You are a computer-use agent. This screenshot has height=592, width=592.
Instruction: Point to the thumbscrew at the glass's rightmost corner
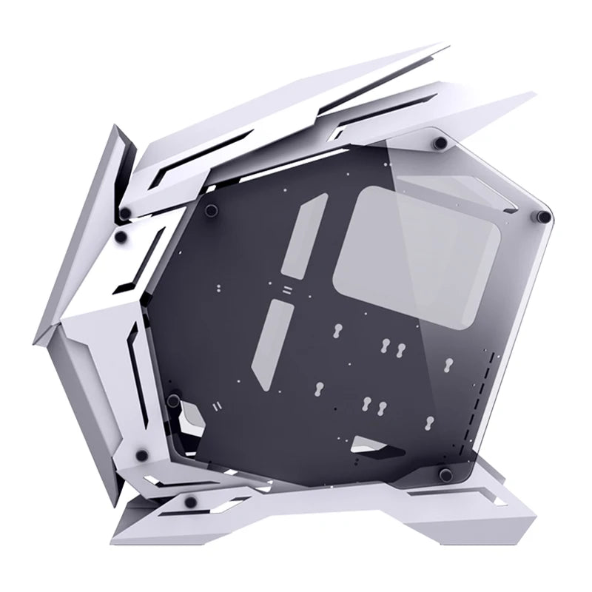click(x=545, y=216)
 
